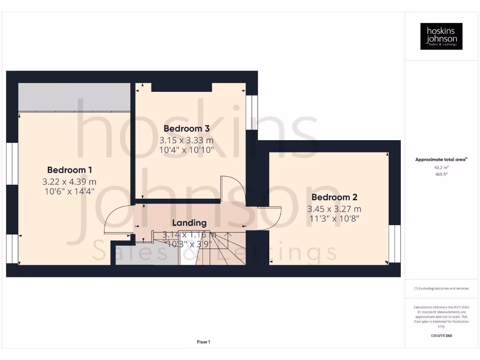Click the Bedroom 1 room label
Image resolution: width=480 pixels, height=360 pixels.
tap(69, 170)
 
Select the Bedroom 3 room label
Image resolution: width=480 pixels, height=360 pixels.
tap(186, 128)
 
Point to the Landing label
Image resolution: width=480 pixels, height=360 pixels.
tap(189, 223)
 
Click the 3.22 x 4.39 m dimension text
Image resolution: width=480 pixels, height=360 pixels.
tap(69, 181)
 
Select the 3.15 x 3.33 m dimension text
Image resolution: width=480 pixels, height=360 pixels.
tap(186, 140)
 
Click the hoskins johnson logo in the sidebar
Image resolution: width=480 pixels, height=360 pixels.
tap(441, 37)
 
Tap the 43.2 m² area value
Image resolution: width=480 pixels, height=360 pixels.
tap(441, 167)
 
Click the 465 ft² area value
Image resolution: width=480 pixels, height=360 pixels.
tap(441, 174)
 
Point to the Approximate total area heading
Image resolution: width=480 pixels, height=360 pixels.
tap(441, 160)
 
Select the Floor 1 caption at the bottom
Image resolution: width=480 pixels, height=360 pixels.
tap(203, 342)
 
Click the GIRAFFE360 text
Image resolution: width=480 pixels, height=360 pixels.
tap(441, 336)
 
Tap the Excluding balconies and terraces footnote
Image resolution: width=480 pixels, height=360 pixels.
tap(441, 288)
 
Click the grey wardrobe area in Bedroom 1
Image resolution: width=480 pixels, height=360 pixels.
tap(74, 97)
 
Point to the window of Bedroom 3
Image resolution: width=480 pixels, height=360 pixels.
tap(252, 112)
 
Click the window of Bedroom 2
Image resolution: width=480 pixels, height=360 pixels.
tap(395, 244)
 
